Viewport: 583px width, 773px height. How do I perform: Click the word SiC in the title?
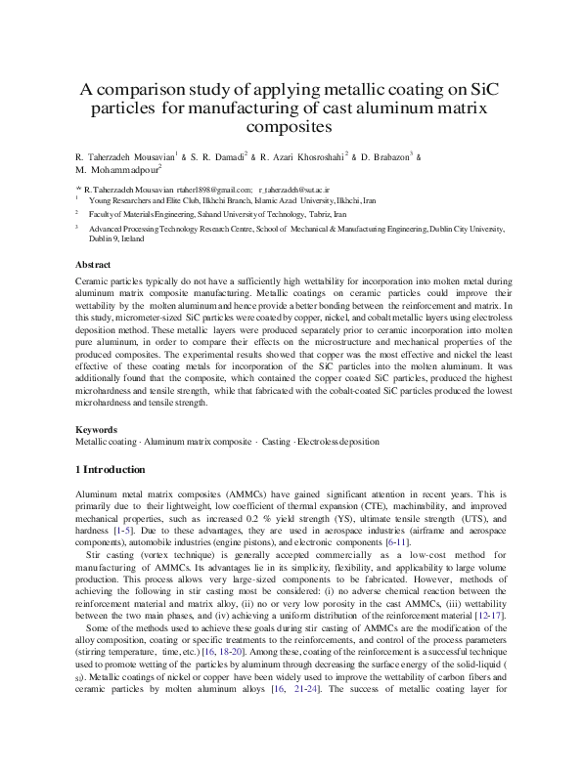tap(483, 89)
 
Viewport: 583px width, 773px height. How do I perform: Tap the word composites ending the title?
tap(291, 127)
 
